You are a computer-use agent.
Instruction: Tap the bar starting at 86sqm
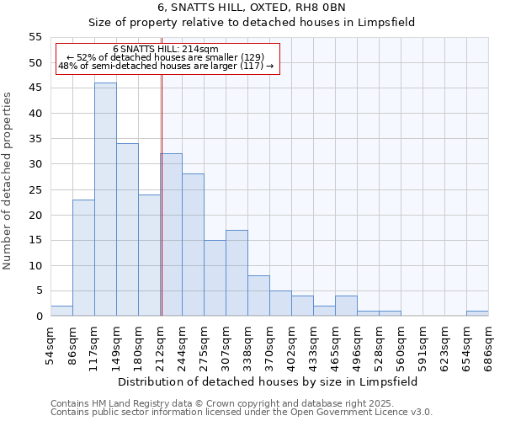83,258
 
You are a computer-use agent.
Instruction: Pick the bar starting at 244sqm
193,245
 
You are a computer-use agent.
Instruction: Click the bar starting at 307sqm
237,273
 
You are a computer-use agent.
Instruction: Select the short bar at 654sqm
477,313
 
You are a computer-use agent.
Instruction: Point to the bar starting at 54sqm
61,311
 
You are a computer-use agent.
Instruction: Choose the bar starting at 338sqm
258,296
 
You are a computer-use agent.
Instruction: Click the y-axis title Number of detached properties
9,181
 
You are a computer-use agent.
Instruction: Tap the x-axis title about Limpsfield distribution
268,381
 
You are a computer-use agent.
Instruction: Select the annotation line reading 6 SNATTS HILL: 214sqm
165,50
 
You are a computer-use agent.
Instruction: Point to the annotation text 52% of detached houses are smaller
165,57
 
